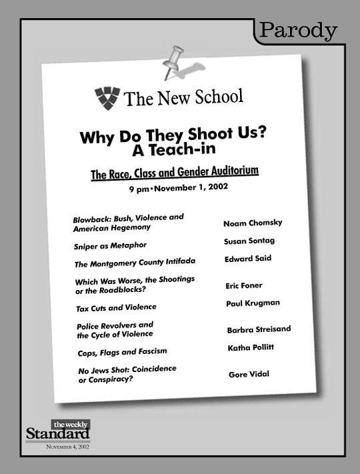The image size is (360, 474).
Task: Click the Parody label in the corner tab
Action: click(x=298, y=30)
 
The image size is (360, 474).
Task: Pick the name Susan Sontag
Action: click(x=249, y=241)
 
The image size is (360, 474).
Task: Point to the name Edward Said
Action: click(x=248, y=258)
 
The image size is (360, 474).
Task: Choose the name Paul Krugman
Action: click(x=251, y=303)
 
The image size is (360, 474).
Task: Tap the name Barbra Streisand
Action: click(x=259, y=329)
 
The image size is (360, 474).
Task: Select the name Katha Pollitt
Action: click(x=251, y=348)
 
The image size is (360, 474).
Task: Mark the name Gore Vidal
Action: click(x=249, y=374)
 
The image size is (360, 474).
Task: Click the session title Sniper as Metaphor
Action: click(x=110, y=245)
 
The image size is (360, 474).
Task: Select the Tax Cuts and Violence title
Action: click(x=115, y=307)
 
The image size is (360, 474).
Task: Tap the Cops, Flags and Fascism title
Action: click(x=121, y=351)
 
